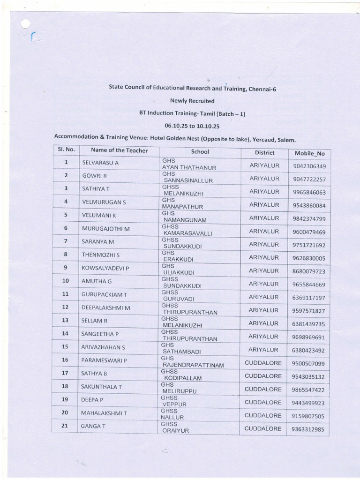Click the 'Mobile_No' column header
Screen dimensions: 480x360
tap(309, 153)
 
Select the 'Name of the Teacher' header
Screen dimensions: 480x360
tap(119, 150)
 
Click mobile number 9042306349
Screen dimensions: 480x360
tap(309, 166)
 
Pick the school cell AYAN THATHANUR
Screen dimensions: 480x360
tap(189, 167)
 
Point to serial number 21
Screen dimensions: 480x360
tap(66, 426)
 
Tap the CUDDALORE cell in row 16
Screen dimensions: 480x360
tap(263, 363)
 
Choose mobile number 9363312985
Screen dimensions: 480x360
tap(308, 429)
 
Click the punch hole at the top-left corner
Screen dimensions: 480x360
tap(26, 24)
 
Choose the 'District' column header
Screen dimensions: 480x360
tap(265, 153)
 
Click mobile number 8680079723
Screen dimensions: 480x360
tap(309, 271)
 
